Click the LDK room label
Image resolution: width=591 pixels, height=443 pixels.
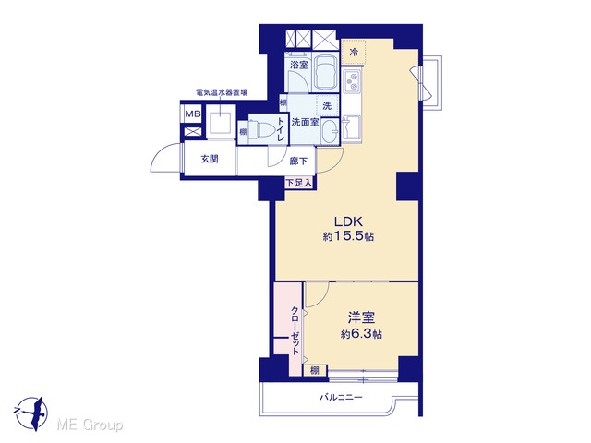[x=348, y=221]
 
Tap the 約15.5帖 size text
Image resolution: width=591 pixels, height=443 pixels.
[x=348, y=236]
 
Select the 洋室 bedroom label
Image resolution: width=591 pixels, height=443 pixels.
[x=361, y=317]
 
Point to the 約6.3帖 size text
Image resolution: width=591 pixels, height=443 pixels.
[x=361, y=334]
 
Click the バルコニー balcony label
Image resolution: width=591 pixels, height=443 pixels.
[x=341, y=397]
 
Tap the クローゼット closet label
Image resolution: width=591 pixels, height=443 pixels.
[x=295, y=330]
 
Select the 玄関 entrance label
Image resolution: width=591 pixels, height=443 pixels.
[x=210, y=159]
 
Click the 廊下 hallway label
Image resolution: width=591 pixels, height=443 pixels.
[x=298, y=162]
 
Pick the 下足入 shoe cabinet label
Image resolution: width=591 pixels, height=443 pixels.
[x=299, y=184]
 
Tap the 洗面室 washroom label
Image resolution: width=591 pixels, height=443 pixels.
[x=305, y=122]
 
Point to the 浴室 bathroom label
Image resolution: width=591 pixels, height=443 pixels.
[x=299, y=65]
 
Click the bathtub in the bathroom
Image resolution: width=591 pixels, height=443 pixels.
[x=326, y=72]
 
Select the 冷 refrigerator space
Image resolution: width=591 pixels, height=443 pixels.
[x=354, y=52]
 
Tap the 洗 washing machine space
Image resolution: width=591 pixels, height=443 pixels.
[x=327, y=106]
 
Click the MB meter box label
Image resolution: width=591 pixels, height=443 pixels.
[x=193, y=114]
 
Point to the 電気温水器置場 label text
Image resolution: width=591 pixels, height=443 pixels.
[x=222, y=92]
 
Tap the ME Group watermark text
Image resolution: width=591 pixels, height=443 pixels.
[x=90, y=425]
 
